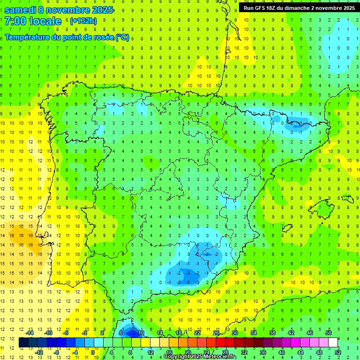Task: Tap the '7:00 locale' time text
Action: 33,21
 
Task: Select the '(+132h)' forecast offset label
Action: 83,21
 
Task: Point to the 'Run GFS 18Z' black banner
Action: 299,7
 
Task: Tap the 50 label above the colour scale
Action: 328,332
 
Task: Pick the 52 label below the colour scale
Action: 337,352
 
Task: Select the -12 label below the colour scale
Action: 39,352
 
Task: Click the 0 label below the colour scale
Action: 93,352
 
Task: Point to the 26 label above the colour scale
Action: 216,332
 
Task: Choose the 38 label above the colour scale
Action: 272,332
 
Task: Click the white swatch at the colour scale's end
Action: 333,342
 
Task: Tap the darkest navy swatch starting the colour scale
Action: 23,342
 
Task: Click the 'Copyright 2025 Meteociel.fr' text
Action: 200,357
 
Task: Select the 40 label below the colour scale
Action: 281,352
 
